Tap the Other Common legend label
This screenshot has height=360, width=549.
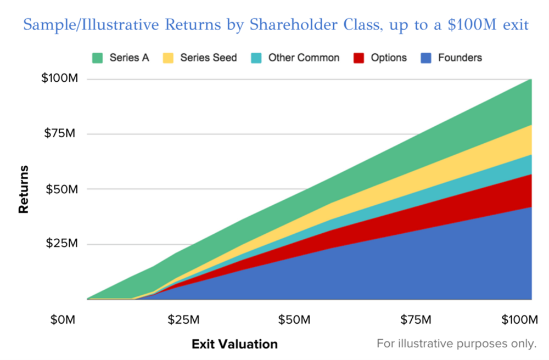[304, 58]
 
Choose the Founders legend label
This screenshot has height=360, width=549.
[460, 58]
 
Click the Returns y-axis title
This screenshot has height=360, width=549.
[24, 189]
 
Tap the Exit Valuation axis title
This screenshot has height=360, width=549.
[234, 345]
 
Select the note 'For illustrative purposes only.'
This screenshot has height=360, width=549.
[456, 344]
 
